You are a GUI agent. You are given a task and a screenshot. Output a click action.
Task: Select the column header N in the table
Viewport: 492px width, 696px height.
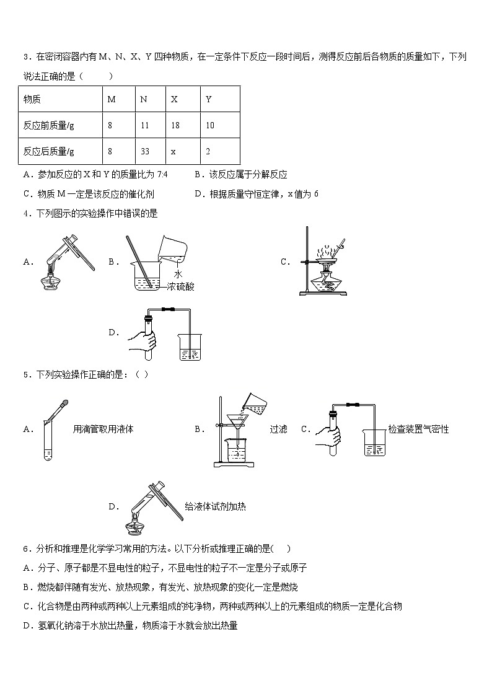coord(144,99)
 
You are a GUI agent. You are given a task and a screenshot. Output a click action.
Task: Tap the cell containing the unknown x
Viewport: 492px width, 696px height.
coord(174,151)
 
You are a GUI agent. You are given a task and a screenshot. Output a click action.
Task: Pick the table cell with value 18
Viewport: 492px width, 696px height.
coord(175,125)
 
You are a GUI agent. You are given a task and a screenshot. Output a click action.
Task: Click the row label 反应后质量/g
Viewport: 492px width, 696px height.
coord(49,151)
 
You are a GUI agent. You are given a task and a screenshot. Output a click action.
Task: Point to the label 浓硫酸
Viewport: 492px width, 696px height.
coord(180,286)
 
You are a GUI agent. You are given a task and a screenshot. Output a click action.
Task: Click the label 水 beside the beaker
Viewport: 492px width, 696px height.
coord(177,274)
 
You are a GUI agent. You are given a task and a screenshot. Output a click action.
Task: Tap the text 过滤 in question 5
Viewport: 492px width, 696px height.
coord(278,429)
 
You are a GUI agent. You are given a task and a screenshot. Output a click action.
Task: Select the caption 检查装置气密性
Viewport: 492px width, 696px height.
coord(418,429)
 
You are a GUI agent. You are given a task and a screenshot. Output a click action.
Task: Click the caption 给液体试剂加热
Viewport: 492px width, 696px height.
coord(215,506)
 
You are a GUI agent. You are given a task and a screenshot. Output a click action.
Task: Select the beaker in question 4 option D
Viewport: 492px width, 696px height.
coord(190,348)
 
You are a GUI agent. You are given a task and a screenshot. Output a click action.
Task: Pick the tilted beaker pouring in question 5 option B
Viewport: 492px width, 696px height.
coord(256,403)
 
